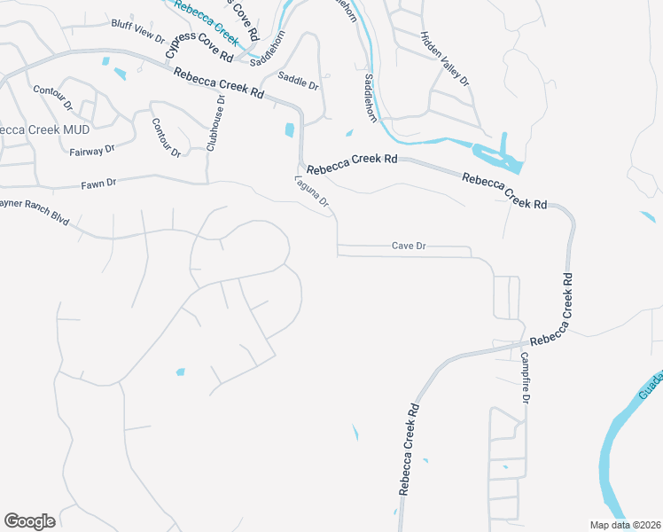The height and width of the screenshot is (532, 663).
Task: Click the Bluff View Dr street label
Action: click(x=137, y=33)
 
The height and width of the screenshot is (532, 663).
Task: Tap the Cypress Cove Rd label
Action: click(x=199, y=44)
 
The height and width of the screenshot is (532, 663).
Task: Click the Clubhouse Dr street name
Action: click(x=214, y=123)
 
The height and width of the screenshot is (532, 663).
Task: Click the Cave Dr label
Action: click(x=409, y=246)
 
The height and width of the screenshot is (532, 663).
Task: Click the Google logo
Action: click(x=30, y=520)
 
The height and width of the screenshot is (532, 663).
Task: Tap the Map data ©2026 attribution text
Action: click(x=625, y=525)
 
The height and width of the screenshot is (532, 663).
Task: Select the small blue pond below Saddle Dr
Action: click(x=289, y=130)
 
